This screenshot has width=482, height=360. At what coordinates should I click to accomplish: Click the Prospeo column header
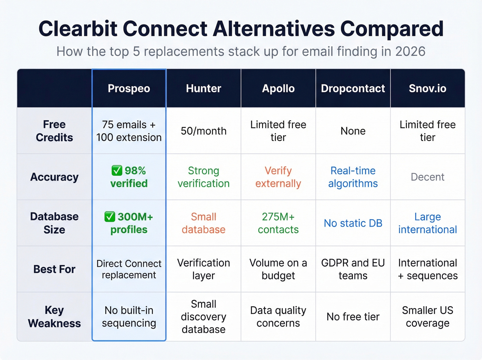129,89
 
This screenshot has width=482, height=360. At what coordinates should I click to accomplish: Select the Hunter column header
203,89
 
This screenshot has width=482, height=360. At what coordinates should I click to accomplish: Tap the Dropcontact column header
353,89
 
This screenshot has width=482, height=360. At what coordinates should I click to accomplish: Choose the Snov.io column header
427,89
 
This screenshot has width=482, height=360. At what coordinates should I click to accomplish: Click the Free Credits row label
54,131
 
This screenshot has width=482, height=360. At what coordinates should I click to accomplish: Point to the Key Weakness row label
54,317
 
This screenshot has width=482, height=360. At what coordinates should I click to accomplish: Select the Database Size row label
54,223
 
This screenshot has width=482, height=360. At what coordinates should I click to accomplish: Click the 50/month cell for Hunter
203,131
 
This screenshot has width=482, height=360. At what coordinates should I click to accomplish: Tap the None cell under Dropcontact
353,131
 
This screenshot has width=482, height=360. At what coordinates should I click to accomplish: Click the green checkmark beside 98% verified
117,171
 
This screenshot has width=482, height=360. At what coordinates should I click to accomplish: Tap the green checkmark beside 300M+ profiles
109,217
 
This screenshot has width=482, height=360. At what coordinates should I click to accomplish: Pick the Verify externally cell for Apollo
278,177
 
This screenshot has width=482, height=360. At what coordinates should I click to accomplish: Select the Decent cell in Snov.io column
427,177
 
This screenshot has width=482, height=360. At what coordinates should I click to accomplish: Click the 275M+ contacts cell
278,223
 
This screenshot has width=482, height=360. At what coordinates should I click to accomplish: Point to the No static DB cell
353,223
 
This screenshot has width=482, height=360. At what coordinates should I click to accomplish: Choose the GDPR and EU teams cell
353,269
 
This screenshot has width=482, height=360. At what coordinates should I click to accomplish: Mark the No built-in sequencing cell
129,317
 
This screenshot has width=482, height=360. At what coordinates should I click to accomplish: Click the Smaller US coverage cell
427,317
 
